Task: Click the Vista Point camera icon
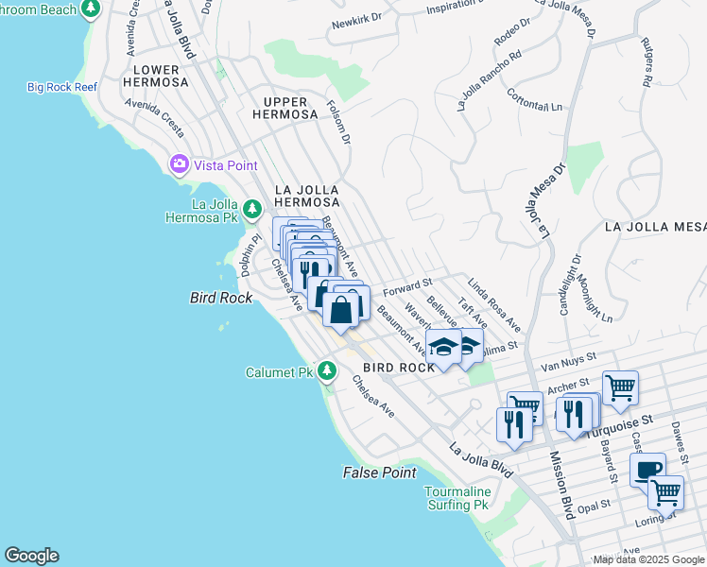click(179, 165)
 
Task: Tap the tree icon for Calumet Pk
click(327, 371)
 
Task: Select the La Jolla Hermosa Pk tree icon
click(251, 208)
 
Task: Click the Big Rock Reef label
click(62, 88)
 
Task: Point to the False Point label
click(379, 472)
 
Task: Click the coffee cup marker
click(647, 469)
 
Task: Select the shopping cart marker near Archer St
click(620, 386)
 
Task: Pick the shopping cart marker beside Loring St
click(665, 490)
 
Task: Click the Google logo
click(31, 556)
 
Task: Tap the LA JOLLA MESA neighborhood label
click(655, 227)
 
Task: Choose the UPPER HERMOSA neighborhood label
click(285, 107)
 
